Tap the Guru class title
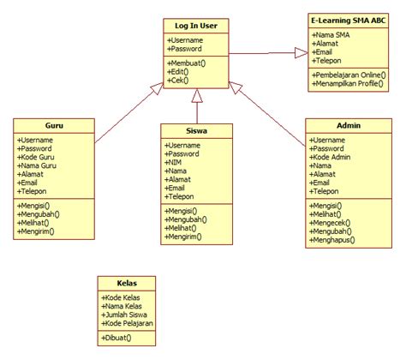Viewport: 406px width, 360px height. click(54, 125)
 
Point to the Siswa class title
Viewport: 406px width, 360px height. click(196, 131)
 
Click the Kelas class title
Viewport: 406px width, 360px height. click(128, 283)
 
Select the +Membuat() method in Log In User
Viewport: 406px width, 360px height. click(188, 63)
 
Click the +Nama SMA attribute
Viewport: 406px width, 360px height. click(333, 34)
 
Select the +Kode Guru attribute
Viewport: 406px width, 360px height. click(38, 156)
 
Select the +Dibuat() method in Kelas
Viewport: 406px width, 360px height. click(118, 339)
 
